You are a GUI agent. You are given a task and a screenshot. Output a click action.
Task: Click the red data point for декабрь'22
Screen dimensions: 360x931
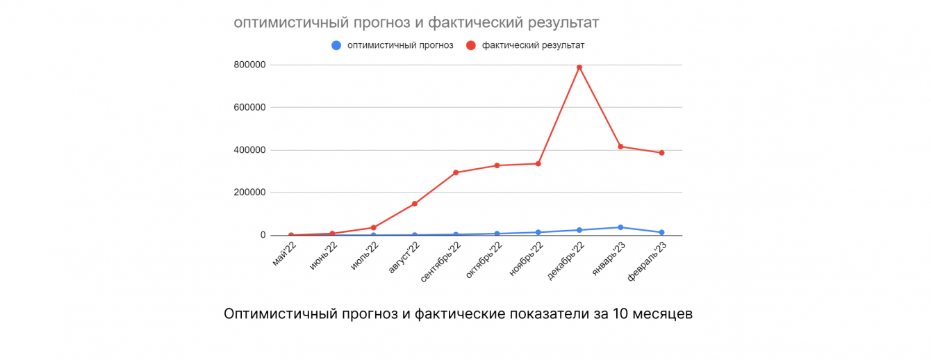click(579, 67)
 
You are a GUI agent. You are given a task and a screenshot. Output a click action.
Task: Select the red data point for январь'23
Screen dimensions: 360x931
click(620, 147)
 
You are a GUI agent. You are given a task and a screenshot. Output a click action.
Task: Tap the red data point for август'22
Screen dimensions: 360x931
click(415, 204)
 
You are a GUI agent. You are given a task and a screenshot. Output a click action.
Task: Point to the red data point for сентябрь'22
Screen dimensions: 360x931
click(456, 172)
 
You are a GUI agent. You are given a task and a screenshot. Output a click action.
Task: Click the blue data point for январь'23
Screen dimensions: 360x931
click(620, 227)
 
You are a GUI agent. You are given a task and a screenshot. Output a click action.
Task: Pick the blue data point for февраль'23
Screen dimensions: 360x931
click(661, 232)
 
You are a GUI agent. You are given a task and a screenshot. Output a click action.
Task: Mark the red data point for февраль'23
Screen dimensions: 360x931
click(661, 153)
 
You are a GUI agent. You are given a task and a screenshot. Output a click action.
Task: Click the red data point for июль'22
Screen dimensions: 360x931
click(374, 227)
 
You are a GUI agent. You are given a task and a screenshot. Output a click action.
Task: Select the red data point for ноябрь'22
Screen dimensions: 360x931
click(538, 163)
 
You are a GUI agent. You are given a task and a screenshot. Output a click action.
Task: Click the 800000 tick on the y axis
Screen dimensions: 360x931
click(249, 65)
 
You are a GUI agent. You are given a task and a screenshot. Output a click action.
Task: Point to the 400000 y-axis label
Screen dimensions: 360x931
click(249, 150)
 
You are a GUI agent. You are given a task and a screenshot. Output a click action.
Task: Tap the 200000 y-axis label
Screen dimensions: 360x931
click(249, 193)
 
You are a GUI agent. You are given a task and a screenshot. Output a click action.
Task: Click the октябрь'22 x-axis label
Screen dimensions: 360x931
click(484, 259)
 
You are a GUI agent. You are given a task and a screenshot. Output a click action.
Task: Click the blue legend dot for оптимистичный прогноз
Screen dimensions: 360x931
click(336, 45)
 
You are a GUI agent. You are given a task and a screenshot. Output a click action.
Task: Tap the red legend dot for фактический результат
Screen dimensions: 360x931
click(470, 45)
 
